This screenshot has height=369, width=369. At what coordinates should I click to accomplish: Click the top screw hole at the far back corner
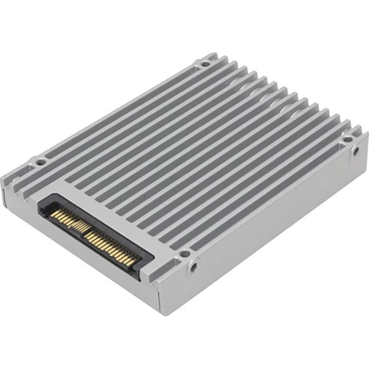point(205,63)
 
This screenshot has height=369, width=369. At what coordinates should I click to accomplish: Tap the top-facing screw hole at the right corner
point(348,139)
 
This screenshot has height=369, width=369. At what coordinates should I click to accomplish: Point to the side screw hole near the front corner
point(194,267)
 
